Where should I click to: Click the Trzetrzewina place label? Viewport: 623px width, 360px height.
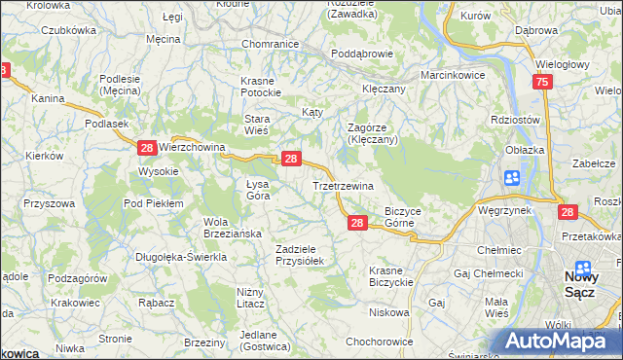pos(343,186)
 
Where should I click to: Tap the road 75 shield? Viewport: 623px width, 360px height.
pos(543,84)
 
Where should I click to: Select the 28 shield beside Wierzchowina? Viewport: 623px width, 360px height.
pos(146,148)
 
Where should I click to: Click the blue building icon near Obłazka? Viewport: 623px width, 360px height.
pos(512,178)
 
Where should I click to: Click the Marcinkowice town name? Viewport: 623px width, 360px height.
pos(452,75)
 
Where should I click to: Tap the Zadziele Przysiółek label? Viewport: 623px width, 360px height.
pos(306,254)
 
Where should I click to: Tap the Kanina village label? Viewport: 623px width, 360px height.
pos(47,98)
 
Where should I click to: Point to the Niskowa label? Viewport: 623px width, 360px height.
pos(388,312)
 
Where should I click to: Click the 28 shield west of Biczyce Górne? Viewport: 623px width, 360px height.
pos(357,224)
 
